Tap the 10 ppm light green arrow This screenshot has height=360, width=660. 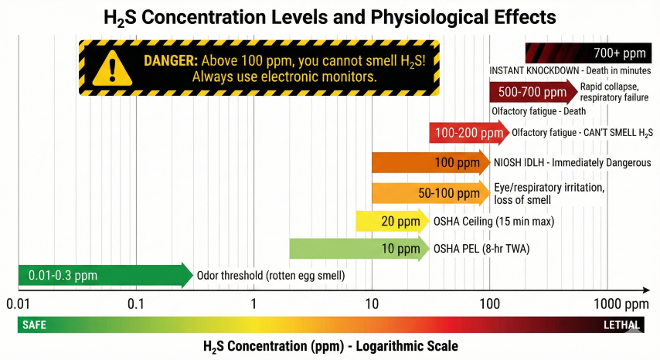pyautogui.click(x=359, y=249)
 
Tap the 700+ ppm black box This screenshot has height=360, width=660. pyautogui.click(x=587, y=53)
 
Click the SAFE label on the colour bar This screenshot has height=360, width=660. pyautogui.click(x=34, y=325)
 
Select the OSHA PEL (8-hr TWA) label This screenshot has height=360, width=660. pyautogui.click(x=481, y=249)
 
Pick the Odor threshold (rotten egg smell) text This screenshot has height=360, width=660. pyautogui.click(x=270, y=276)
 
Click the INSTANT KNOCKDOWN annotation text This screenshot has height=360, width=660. pyautogui.click(x=570, y=70)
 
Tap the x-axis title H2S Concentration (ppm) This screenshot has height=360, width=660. pyautogui.click(x=330, y=345)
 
